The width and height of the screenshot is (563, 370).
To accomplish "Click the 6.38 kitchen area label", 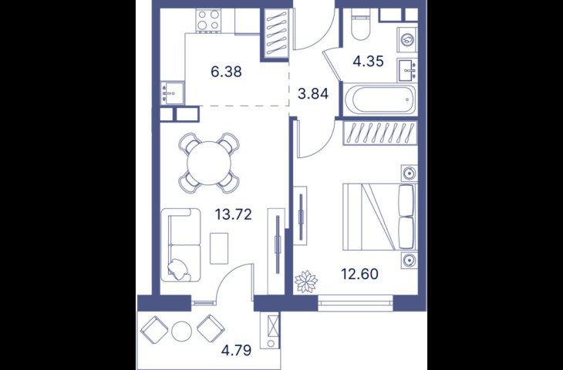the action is click(226, 72).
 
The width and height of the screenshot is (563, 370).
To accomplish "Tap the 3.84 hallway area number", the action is click(313, 94).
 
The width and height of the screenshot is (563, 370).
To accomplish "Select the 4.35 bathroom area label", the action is click(369, 62).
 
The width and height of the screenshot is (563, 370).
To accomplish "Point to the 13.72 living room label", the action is click(234, 214).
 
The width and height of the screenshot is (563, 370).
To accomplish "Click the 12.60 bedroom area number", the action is click(359, 274).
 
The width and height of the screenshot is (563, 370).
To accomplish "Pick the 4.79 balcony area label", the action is click(236, 350).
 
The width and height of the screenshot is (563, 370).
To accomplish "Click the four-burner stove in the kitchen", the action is click(209, 20).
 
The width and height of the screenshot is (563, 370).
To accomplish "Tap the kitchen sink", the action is click(172, 92).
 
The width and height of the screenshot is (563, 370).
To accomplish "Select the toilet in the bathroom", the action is click(360, 25).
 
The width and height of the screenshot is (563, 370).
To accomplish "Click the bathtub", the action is click(379, 99).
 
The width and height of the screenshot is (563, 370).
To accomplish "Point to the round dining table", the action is click(209, 163).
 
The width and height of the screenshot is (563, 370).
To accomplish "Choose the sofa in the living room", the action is click(180, 245).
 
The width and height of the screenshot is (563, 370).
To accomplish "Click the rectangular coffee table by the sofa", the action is click(219, 248).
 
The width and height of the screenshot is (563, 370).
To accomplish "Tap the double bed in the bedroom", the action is click(380, 217).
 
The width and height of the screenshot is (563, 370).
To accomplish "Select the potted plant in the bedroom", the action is click(306, 281).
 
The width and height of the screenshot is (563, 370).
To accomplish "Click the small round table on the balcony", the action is click(183, 331).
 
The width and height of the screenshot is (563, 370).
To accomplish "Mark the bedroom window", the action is click(356, 303).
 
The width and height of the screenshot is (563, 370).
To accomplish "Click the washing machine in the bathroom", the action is click(407, 40).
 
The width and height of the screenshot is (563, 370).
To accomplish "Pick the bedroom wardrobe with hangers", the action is click(380, 133).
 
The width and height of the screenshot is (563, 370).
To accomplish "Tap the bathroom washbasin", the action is click(407, 70).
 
